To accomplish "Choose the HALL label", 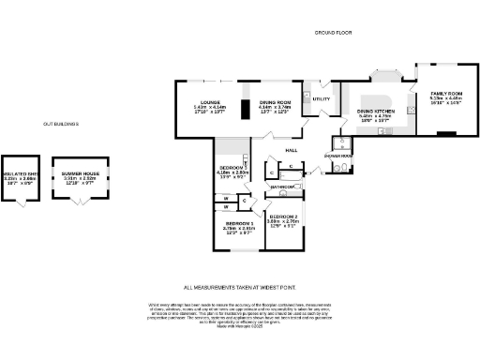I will (x=292, y=150).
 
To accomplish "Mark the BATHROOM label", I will (x=282, y=187).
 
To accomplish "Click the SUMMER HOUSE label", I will (x=80, y=170).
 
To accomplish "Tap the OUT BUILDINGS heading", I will (x=60, y=124).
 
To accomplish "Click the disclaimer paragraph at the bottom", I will (x=239, y=315).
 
